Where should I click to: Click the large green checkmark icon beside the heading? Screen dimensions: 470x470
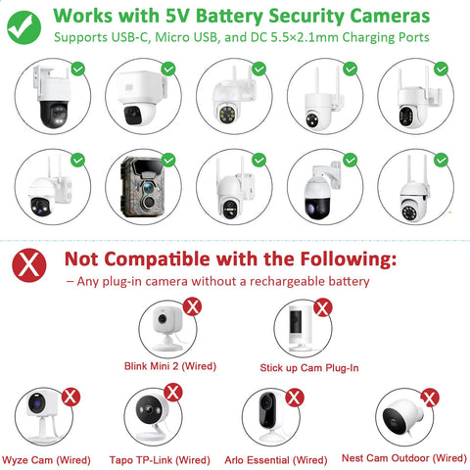point(23,27)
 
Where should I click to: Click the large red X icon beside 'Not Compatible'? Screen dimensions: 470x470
point(29,265)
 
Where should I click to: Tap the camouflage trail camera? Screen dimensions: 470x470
point(142,187)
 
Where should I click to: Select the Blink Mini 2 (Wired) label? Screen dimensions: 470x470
point(170,366)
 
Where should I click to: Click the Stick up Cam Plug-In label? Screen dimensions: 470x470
point(309,368)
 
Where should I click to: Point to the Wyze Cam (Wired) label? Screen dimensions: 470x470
point(46,460)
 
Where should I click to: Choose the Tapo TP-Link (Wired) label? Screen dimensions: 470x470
point(160,460)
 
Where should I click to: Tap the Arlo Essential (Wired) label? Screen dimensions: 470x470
point(276,460)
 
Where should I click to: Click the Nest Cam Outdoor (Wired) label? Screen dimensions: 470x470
point(404,458)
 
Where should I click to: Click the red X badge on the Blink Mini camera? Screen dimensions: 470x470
point(192,306)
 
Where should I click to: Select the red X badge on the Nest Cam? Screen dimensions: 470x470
point(430,398)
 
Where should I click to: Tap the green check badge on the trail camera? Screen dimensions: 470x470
point(168,161)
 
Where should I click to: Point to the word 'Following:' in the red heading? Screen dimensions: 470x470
point(349,259)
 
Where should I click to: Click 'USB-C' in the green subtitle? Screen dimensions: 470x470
point(130,37)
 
